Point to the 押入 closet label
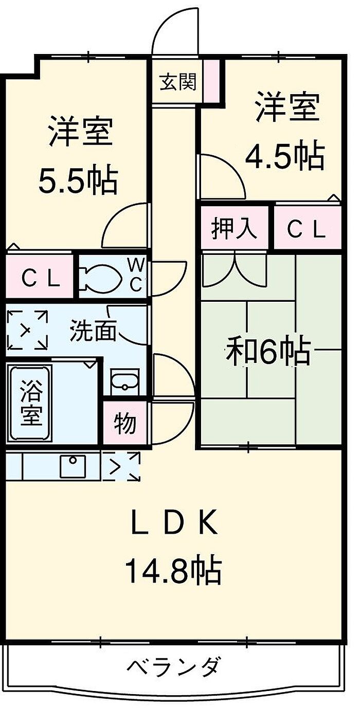[235, 229]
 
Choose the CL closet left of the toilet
[41, 279]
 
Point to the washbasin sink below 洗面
[124, 381]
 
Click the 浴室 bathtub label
[30, 403]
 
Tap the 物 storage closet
[125, 424]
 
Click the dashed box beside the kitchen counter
[121, 466]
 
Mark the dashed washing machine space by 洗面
[27, 330]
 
